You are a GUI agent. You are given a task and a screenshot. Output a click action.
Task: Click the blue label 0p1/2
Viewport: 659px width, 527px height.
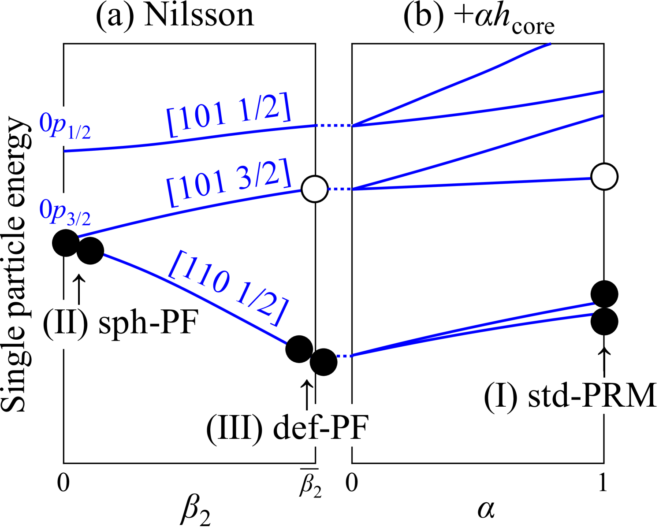(x=65, y=126)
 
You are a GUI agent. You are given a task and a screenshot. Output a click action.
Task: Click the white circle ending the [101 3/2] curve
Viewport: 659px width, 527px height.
(x=315, y=189)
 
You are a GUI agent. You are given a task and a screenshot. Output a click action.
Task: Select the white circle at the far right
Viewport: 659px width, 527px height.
(x=604, y=177)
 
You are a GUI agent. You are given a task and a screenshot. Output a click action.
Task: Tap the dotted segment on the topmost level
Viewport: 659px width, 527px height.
(x=335, y=126)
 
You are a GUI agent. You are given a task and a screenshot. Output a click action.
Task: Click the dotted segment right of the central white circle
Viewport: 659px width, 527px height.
(x=339, y=189)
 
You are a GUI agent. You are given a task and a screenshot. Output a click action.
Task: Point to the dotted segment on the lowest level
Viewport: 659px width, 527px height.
(x=344, y=356)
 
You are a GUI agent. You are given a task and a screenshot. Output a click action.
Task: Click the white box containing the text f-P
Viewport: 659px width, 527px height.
(x=331, y=425)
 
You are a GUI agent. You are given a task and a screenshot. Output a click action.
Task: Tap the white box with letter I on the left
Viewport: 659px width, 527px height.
(x=63, y=324)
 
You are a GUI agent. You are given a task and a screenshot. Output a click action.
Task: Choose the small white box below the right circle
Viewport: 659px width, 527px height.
(x=606, y=393)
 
